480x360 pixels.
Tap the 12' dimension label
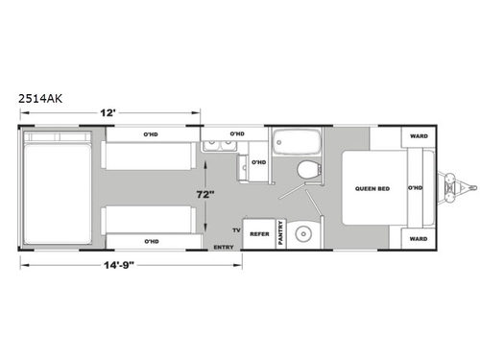tap(111, 113)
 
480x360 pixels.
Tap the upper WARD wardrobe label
tap(418, 136)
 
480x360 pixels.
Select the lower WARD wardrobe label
tap(418, 238)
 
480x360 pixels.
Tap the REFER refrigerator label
tap(258, 233)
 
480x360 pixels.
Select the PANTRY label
tap(280, 233)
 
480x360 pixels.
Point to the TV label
tap(235, 231)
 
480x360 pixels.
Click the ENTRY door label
tap(224, 248)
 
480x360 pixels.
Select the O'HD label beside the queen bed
tap(415, 187)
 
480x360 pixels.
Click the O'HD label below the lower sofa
tap(151, 240)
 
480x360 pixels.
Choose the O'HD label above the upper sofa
tap(151, 134)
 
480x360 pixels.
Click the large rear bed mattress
tap(59, 190)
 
